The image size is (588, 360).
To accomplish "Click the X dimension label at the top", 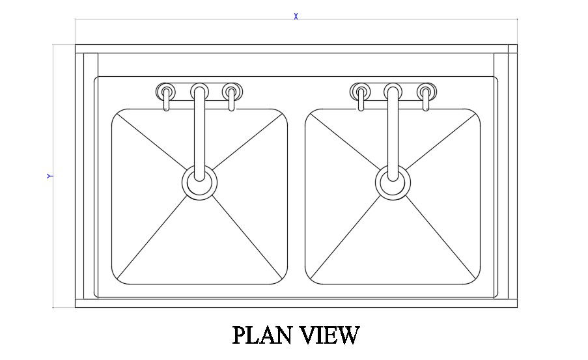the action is coord(296,16).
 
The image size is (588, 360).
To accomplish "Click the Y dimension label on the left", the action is coord(49,176).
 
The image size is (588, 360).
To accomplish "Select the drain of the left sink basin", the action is coord(199,182).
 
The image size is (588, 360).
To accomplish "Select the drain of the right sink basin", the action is coord(393,182).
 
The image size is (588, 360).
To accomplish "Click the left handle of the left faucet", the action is coord(166,91).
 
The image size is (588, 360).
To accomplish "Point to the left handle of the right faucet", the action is coord(360,91).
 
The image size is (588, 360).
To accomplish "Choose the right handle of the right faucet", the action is coord(426,91).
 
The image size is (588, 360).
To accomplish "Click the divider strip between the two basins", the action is coord(296,195).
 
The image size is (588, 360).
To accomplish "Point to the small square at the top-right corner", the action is coord(512,49).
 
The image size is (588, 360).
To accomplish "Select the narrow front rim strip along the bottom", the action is coord(296,303).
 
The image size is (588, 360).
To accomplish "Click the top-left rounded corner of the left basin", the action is coord(117,115).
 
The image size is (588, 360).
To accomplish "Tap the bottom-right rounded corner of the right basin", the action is coord(475,279).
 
